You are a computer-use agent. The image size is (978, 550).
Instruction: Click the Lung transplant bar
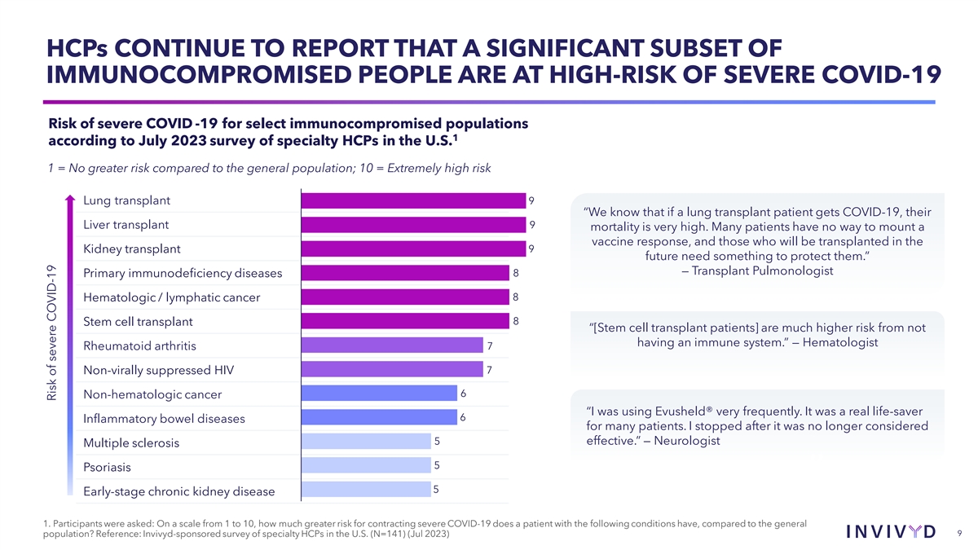tap(413, 200)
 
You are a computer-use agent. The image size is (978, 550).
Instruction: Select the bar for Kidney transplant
tap(413, 249)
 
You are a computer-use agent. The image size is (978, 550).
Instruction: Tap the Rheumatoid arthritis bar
tap(392, 345)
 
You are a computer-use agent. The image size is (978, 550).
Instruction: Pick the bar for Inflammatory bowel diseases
tap(379, 417)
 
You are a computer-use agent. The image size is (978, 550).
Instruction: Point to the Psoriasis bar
tap(365, 466)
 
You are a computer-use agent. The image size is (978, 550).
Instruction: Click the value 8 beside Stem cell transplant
tap(516, 321)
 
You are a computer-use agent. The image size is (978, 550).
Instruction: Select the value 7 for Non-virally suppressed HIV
tap(489, 370)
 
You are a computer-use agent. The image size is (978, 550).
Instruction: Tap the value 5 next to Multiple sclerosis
tap(438, 442)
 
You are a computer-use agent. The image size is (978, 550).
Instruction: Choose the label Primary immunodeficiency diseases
tap(183, 273)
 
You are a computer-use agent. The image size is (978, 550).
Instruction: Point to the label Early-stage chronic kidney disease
tap(179, 491)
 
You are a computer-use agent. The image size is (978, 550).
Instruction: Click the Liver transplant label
tap(126, 225)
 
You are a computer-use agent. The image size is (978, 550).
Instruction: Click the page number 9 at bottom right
tap(961, 533)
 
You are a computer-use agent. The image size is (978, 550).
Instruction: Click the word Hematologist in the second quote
tap(840, 343)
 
